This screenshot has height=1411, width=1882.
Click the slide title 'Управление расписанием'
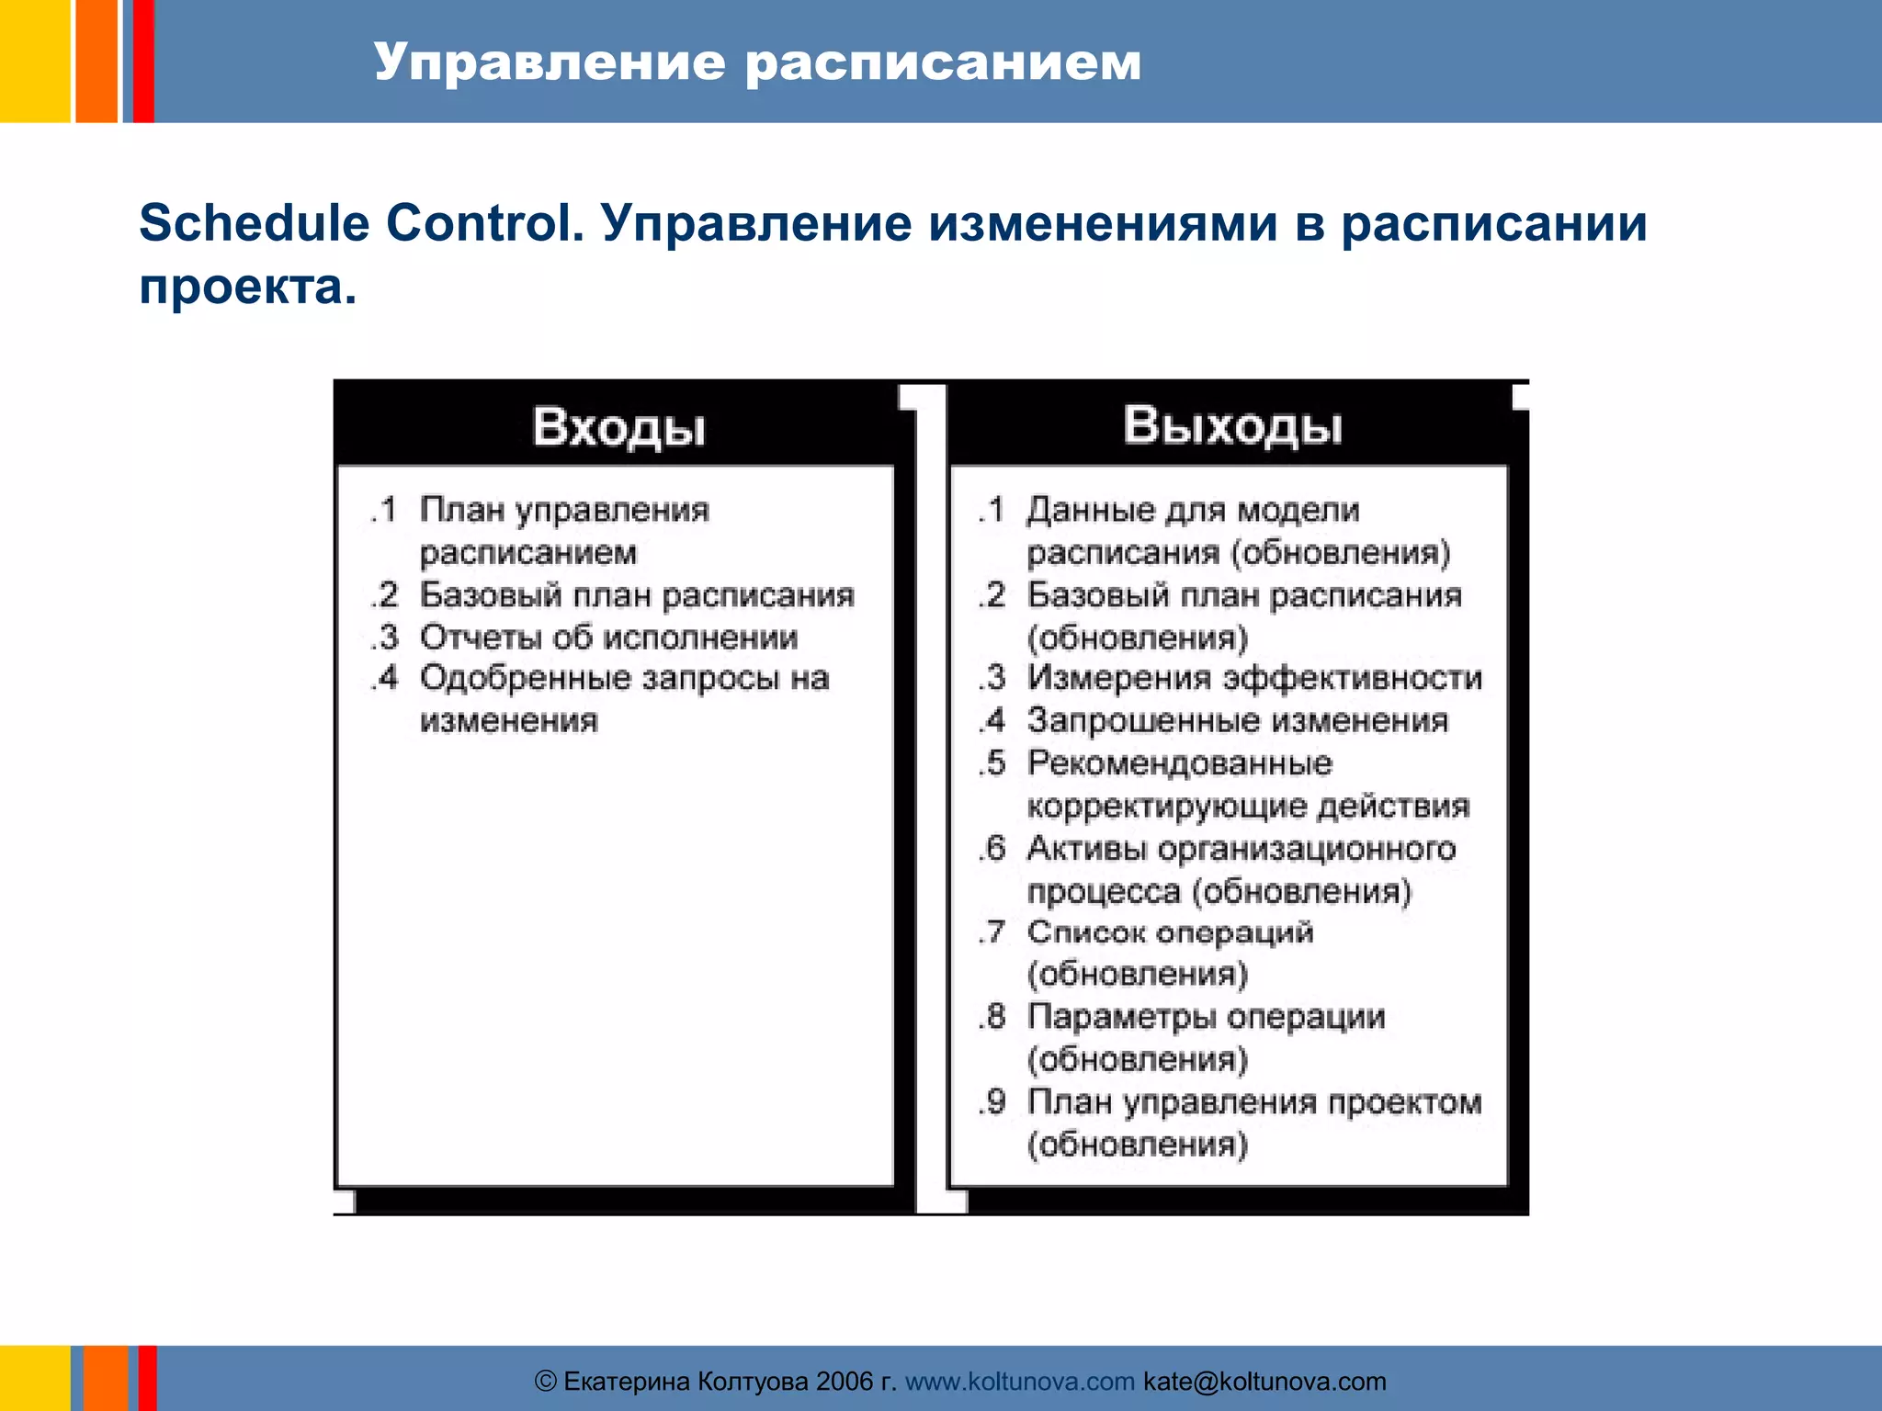click(757, 62)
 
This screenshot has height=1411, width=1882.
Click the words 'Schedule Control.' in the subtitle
click(361, 223)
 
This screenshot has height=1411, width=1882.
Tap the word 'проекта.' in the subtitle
click(247, 288)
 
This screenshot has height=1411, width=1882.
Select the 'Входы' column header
click(618, 427)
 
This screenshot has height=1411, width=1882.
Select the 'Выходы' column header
click(1231, 425)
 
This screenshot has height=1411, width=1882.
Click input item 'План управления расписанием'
click(563, 531)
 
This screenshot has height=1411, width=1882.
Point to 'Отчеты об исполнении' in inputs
click(608, 637)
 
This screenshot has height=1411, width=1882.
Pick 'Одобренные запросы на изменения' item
click(623, 699)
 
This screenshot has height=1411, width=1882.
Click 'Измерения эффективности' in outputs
click(1253, 678)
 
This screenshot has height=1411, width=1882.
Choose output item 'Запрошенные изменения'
click(1237, 720)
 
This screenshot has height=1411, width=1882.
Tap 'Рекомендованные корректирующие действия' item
click(1247, 785)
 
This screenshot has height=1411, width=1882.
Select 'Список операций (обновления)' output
click(1170, 953)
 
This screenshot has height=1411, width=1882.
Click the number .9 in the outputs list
click(993, 1101)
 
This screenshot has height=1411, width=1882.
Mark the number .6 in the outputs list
click(993, 848)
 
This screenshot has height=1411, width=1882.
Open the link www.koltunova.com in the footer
click(1019, 1382)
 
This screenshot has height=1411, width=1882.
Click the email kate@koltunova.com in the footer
click(1264, 1382)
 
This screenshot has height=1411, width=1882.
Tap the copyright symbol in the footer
click(545, 1382)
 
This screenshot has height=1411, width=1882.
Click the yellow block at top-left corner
click(34, 61)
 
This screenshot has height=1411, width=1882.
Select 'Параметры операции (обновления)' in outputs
click(1205, 1037)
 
